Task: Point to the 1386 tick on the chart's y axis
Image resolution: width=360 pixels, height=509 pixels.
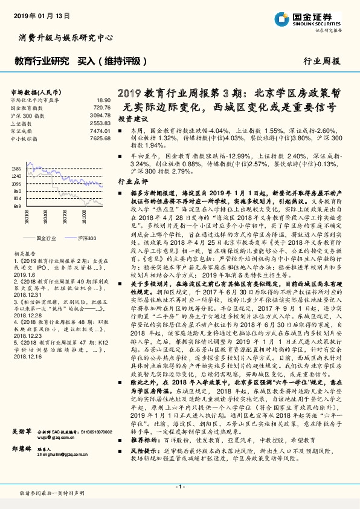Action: tap(16, 169)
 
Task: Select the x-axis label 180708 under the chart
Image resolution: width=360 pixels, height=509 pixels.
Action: tap(62, 216)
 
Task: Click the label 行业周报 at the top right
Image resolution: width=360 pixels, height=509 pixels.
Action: tap(321, 61)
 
